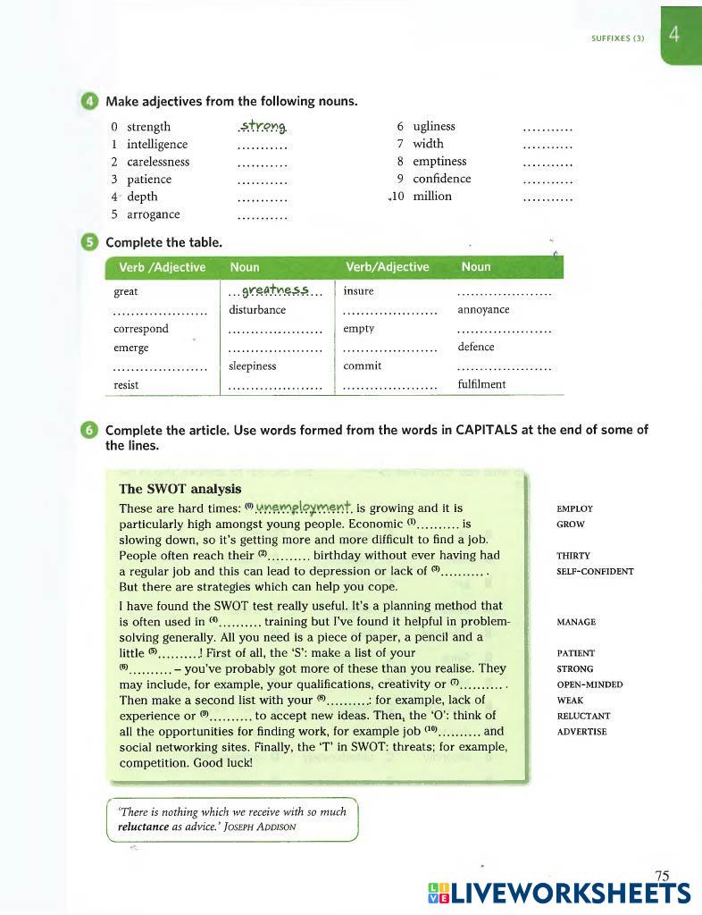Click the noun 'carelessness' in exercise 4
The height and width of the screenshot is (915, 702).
point(158,162)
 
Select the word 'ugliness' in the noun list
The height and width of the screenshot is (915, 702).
point(434,126)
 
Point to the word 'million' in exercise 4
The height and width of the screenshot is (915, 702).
point(432,196)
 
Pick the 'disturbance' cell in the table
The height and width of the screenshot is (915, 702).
point(257,310)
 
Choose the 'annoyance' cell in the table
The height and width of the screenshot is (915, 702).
point(483,310)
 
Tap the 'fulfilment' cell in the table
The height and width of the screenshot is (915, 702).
point(481,384)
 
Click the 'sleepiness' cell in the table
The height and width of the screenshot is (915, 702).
point(253,365)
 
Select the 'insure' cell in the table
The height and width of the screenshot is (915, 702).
point(358,291)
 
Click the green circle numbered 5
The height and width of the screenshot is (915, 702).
point(89,242)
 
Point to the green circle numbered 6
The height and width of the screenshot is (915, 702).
point(89,430)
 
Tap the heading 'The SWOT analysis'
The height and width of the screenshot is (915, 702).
point(180,489)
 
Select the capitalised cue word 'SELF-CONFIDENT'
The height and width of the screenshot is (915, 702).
point(595,571)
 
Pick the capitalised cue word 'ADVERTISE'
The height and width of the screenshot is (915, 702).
point(581,732)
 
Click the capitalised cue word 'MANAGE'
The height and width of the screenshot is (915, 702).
point(576,622)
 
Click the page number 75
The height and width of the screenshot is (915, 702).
point(662,876)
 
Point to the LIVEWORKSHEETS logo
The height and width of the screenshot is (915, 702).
point(559,894)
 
